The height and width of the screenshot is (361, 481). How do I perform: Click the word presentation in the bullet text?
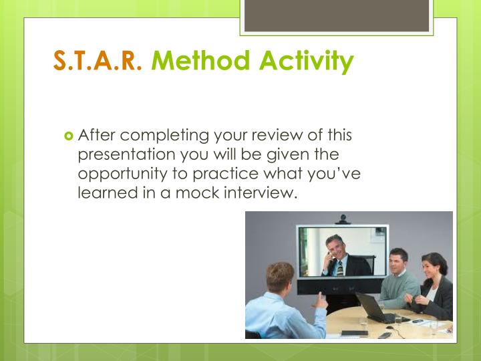(x=126, y=155)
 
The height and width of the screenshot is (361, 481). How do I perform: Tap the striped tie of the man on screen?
(x=339, y=267)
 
